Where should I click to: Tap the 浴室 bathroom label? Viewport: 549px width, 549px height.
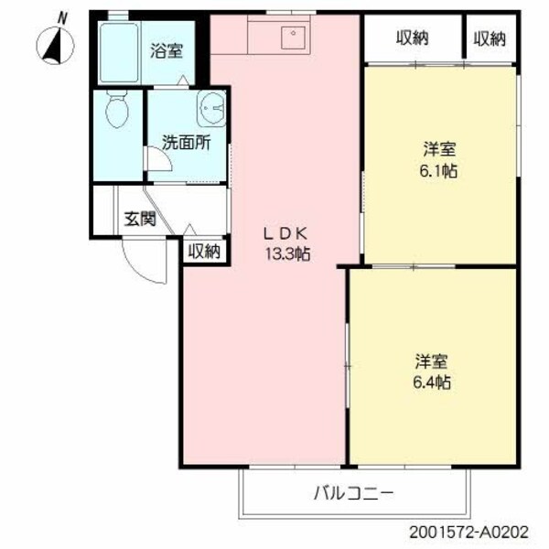(167, 51)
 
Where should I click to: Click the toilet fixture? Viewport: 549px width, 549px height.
(116, 114)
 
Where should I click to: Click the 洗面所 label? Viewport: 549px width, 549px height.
(186, 143)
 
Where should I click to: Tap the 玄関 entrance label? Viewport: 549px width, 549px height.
(140, 220)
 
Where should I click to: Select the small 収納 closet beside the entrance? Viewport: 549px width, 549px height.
(204, 251)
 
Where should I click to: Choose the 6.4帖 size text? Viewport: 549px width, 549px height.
(431, 381)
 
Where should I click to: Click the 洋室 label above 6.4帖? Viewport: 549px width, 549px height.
(431, 361)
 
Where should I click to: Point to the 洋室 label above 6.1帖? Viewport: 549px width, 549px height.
(440, 148)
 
